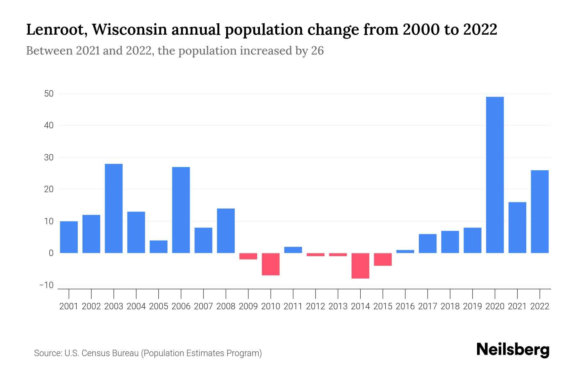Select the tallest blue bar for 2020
pyautogui.click(x=495, y=175)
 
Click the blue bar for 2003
pyautogui.click(x=114, y=209)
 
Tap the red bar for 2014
pyautogui.click(x=360, y=266)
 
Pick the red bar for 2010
pyautogui.click(x=271, y=264)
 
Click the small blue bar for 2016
pyautogui.click(x=405, y=252)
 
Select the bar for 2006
pyautogui.click(x=181, y=210)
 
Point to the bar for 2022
pyautogui.click(x=539, y=212)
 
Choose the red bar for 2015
pyautogui.click(x=383, y=259)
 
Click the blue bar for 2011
pyautogui.click(x=293, y=250)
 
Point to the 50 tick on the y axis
pyautogui.click(x=49, y=94)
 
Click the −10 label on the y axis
pyautogui.click(x=46, y=285)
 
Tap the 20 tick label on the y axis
pyautogui.click(x=49, y=189)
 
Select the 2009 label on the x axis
pyautogui.click(x=248, y=306)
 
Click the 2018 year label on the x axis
pyautogui.click(x=450, y=306)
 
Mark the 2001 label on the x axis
pyautogui.click(x=69, y=306)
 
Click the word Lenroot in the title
pyautogui.click(x=56, y=30)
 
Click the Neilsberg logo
pyautogui.click(x=513, y=350)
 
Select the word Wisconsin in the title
pyautogui.click(x=130, y=30)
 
